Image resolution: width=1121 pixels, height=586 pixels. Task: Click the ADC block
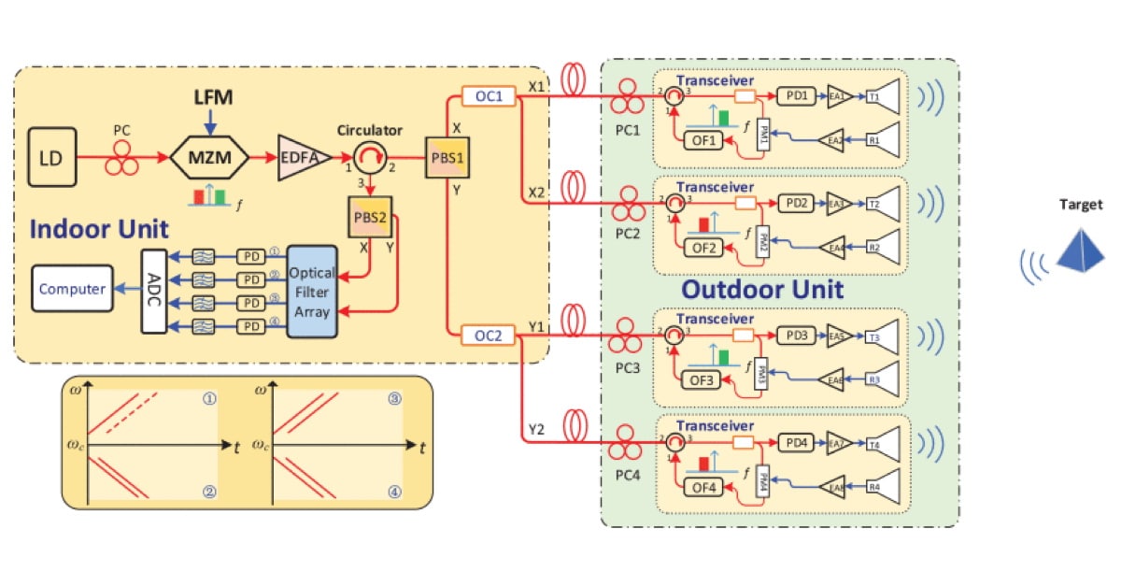tap(154, 290)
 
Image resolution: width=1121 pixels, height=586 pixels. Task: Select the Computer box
tap(71, 289)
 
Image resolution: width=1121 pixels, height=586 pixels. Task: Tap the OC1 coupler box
tap(489, 97)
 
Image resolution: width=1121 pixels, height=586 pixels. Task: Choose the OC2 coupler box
tap(489, 335)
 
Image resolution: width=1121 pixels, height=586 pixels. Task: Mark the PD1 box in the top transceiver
tap(796, 95)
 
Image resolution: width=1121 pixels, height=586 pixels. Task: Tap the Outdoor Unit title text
tap(762, 289)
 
